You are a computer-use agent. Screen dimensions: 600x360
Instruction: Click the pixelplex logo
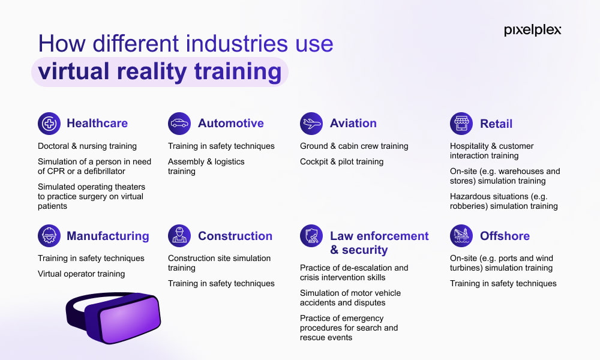coord(532,30)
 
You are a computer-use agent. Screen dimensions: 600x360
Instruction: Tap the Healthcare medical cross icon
coord(49,124)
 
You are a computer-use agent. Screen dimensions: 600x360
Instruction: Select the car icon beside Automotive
coord(179,124)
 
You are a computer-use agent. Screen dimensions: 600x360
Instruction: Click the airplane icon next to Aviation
coord(311,124)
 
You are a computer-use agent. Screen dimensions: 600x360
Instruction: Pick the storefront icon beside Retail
coord(461,124)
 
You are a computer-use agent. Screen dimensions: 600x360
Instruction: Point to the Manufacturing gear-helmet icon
coord(49,236)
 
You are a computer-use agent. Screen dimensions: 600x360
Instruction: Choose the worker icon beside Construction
coord(179,236)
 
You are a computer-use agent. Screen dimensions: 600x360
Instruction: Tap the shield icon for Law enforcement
coord(311,236)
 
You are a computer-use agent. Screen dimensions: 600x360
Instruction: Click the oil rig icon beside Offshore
coord(461,236)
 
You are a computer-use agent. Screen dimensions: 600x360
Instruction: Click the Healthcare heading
coord(97,123)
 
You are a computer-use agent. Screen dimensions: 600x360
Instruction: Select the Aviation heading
coord(353,123)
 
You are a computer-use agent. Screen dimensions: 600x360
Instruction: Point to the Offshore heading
coord(505,236)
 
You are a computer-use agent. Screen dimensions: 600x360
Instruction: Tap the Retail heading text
coord(496,124)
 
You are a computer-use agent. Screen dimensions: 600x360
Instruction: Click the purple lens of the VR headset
coord(129,320)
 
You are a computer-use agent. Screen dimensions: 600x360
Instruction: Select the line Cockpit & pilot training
coord(342,161)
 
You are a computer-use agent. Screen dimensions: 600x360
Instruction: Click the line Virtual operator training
coord(81,274)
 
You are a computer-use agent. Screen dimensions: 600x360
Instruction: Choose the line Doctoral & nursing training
coord(87,146)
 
